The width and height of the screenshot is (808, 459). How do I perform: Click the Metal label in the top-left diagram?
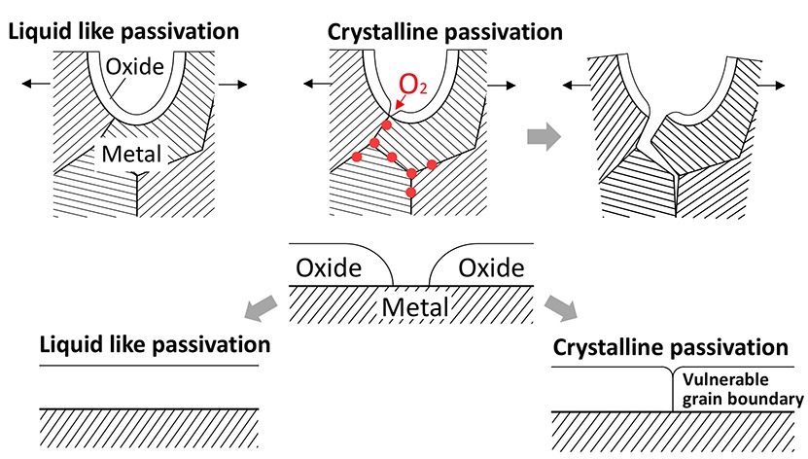click(133, 152)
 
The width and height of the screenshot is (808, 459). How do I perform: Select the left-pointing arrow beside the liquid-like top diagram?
click(35, 86)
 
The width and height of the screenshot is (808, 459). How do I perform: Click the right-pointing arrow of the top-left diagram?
click(231, 86)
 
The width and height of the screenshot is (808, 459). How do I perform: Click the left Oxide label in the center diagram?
click(328, 266)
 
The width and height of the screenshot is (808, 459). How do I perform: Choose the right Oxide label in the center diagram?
click(491, 266)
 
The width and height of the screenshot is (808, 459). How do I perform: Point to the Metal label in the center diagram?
click(413, 306)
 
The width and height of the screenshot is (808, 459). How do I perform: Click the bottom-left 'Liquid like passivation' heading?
click(155, 344)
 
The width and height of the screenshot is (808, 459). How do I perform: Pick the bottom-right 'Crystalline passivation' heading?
click(670, 347)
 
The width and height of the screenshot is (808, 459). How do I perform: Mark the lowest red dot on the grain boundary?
click(411, 192)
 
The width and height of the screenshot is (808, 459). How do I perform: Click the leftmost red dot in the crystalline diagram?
click(356, 156)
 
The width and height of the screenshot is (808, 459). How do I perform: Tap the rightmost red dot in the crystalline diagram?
click(433, 164)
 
